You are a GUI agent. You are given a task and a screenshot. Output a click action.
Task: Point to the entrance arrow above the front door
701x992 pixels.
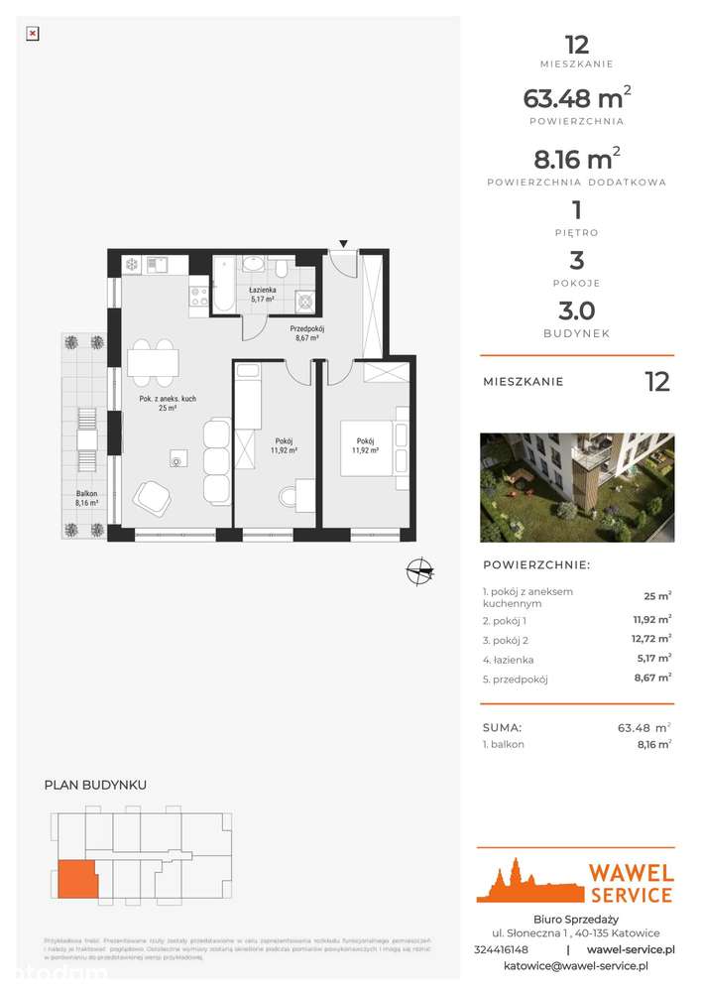click(343, 243)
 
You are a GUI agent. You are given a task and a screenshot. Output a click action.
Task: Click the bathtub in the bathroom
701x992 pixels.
click(225, 285)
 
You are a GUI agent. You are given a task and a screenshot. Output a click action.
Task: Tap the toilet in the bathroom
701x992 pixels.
click(282, 269)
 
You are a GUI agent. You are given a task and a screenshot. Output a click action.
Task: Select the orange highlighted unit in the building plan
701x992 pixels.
click(76, 879)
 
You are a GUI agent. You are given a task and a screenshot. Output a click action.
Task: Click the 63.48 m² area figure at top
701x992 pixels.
click(576, 98)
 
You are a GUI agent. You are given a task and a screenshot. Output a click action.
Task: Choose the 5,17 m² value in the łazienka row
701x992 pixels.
click(653, 659)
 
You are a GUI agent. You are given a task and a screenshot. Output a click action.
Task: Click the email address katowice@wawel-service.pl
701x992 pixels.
click(575, 965)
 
